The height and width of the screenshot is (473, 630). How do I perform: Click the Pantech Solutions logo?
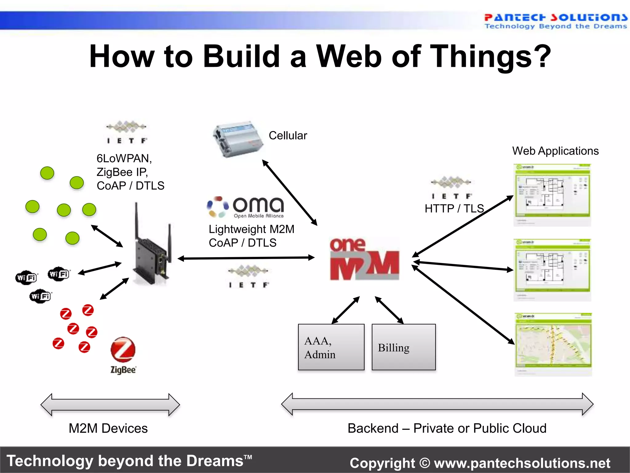pyautogui.click(x=555, y=21)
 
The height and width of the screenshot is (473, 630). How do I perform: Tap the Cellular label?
pyautogui.click(x=288, y=135)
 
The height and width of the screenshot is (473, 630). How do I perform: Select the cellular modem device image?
pyautogui.click(x=237, y=139)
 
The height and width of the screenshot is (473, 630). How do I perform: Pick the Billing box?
pyautogui.click(x=403, y=347)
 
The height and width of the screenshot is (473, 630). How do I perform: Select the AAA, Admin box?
pyautogui.click(x=331, y=347)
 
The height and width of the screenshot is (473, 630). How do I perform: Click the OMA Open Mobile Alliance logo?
pyautogui.click(x=245, y=207)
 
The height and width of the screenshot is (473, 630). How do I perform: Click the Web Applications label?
pyautogui.click(x=555, y=151)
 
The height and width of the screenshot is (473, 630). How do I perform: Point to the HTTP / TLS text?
pyautogui.click(x=454, y=208)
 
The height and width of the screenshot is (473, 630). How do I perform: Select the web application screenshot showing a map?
pyautogui.click(x=553, y=344)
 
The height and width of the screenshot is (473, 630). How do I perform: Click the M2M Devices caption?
pyautogui.click(x=108, y=428)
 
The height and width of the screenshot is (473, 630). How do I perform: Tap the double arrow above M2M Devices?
pyautogui.click(x=110, y=405)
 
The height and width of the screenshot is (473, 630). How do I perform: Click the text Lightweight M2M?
pyautogui.click(x=251, y=229)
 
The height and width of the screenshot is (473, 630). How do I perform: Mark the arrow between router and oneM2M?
pyautogui.click(x=246, y=258)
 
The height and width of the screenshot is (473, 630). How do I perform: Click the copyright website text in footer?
pyautogui.click(x=480, y=463)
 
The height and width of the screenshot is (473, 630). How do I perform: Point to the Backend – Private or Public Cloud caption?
pyautogui.click(x=447, y=428)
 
